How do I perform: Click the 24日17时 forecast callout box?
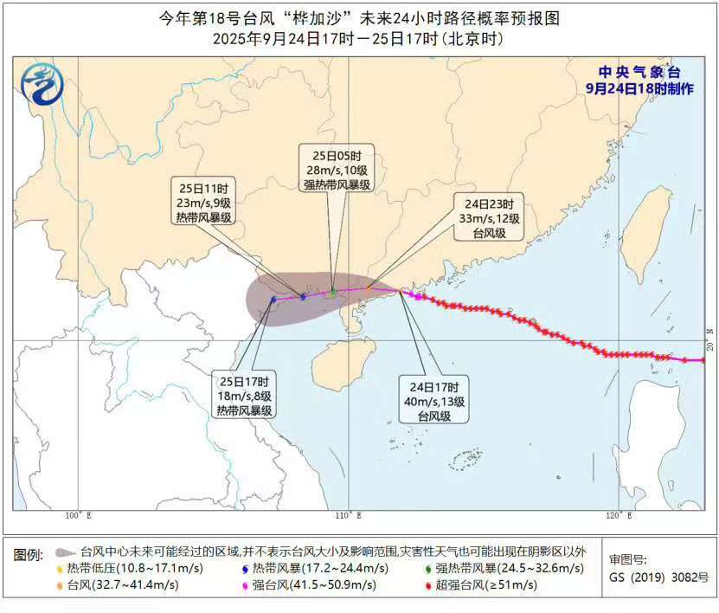pos(433,399)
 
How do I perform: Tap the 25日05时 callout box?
pos(337,169)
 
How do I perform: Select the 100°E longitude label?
pos(78,517)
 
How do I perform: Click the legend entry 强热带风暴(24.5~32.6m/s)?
pos(497,568)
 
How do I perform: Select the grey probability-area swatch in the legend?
pos(64,551)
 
